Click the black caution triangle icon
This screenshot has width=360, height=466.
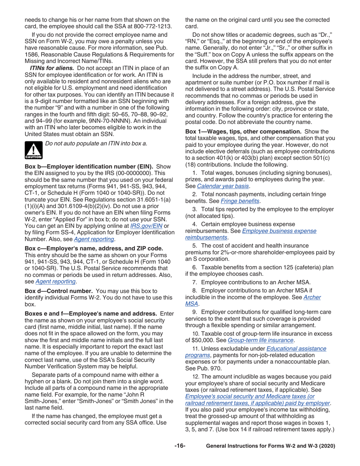pos(34,149)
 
